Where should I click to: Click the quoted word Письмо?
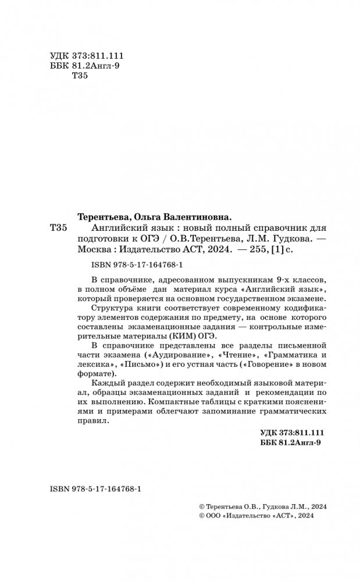(x=140, y=365)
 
